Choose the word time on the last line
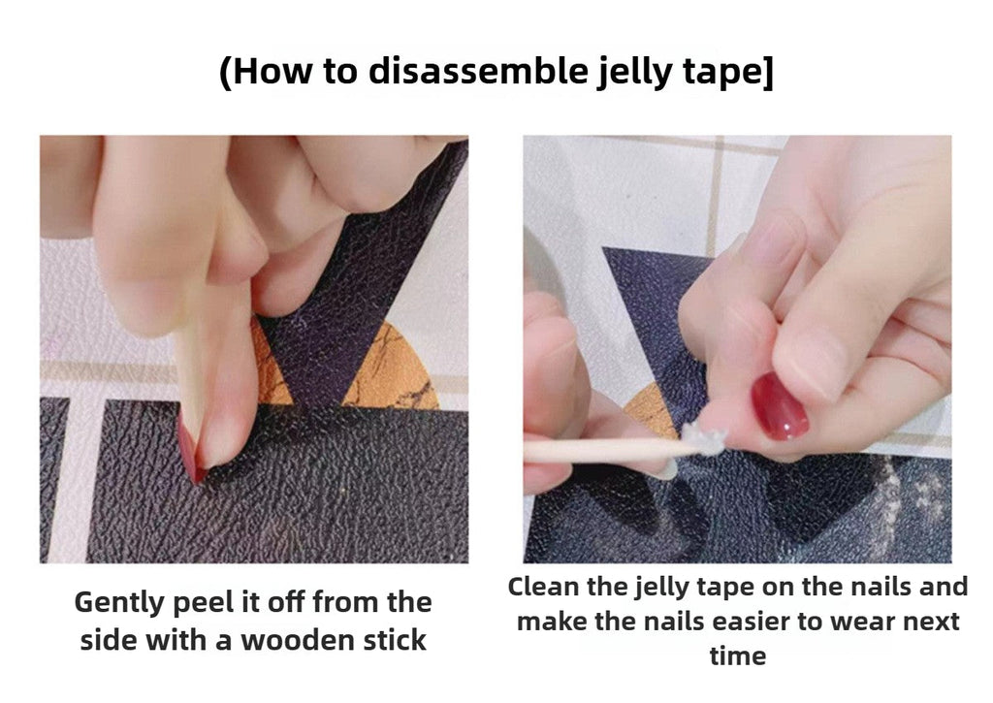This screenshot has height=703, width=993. tap(737, 656)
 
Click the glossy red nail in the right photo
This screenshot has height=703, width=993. tap(780, 407)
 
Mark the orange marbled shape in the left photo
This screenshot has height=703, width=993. tap(398, 368)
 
